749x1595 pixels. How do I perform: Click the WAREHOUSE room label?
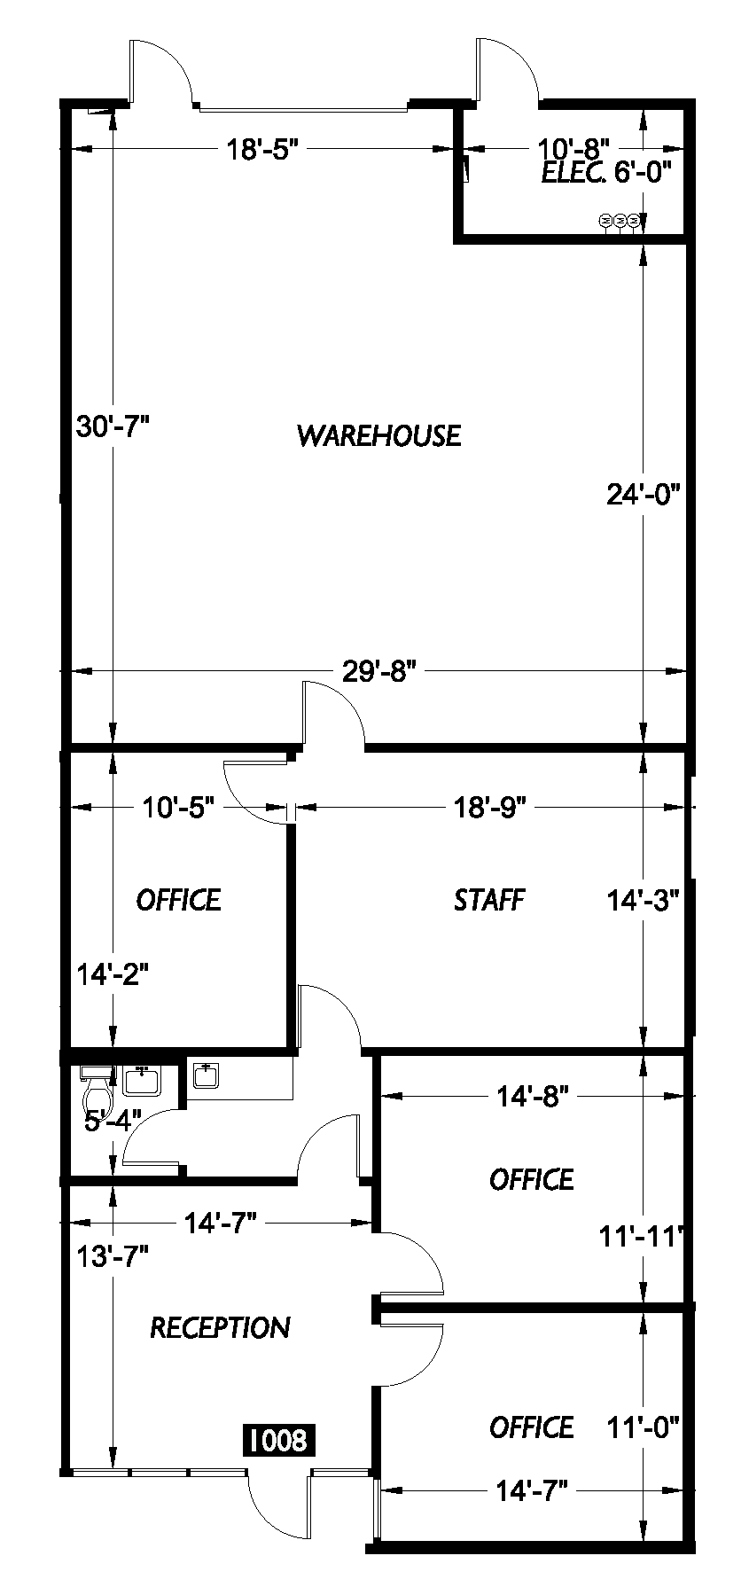378,435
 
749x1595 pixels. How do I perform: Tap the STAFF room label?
489,900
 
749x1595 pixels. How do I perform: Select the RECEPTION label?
220,1327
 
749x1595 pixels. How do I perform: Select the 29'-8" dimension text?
379,671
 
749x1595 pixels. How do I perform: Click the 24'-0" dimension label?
643,494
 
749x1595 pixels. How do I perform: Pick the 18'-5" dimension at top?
256,149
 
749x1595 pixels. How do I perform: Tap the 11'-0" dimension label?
643,1427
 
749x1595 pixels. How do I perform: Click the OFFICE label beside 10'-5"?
178,900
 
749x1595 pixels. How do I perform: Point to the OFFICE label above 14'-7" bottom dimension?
532,1427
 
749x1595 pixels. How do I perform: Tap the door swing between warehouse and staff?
332,714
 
